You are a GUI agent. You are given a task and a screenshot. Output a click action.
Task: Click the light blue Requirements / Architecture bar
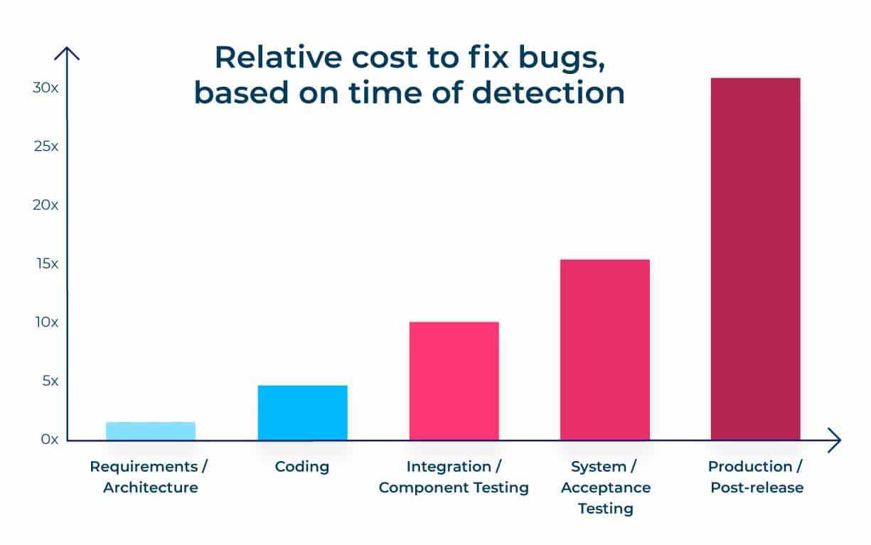tap(151, 431)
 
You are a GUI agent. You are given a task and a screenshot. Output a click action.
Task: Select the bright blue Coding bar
tap(302, 413)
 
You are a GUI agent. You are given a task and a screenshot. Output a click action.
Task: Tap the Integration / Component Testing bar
tap(454, 381)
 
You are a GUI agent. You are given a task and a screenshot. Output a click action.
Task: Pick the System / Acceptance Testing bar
tap(605, 350)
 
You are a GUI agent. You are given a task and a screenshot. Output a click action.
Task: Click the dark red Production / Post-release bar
tap(756, 259)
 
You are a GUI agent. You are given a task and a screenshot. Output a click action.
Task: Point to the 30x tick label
tap(46, 88)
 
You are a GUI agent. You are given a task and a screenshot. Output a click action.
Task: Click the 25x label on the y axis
tap(46, 147)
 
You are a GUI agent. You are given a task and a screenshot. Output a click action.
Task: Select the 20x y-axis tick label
tap(46, 205)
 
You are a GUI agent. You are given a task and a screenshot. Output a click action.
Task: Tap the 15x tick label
tap(48, 264)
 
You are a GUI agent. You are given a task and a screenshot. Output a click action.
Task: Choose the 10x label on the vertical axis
tap(47, 322)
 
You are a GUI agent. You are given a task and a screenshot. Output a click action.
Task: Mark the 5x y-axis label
tap(50, 381)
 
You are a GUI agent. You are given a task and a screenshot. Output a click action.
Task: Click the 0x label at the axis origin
tap(49, 440)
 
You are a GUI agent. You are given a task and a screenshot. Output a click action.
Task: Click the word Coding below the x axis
tap(302, 467)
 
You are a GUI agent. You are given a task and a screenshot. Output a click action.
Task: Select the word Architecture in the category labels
tap(151, 488)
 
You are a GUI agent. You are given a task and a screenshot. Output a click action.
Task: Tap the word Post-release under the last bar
tap(757, 488)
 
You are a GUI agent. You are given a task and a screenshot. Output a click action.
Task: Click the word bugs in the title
tap(562, 59)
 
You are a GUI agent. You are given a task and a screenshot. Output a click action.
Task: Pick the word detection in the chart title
tap(548, 92)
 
